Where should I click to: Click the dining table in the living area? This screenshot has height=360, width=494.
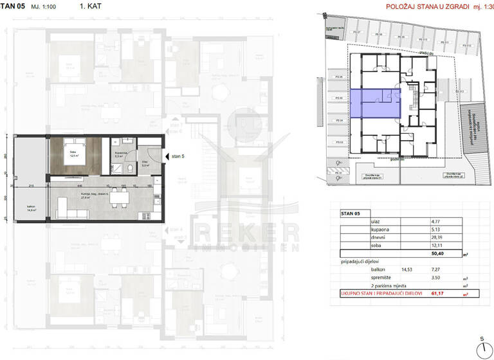119,201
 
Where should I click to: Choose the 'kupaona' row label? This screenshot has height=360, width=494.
381,229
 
